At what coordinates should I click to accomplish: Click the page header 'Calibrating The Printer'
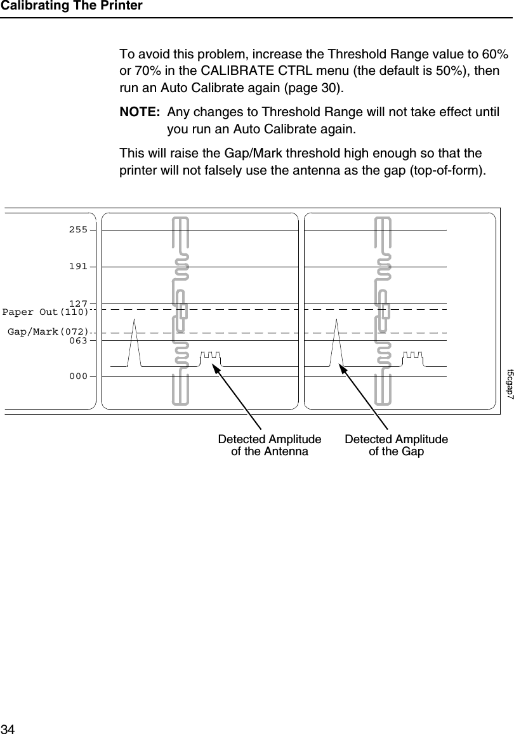tap(71, 6)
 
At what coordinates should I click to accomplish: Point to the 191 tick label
tap(78, 267)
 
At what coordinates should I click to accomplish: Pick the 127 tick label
tap(78, 304)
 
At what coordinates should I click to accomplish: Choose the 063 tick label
tap(78, 340)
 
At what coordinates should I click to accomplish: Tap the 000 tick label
tap(78, 376)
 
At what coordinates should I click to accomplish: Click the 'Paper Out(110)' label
tap(45, 312)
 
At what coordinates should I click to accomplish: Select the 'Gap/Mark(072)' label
tap(48, 331)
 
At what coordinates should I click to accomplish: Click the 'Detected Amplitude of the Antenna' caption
tap(270, 446)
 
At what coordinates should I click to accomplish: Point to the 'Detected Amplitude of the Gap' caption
tap(397, 446)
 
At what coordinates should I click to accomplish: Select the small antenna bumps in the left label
tap(210, 357)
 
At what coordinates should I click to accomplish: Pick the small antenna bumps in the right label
tap(413, 357)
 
